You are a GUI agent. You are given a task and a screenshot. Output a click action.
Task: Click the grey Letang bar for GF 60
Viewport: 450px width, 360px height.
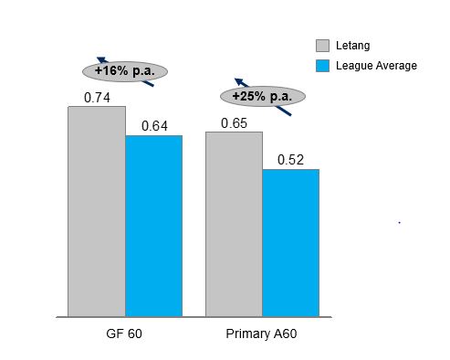tap(96, 211)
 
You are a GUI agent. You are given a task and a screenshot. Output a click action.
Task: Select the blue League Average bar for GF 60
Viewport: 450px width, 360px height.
tap(153, 226)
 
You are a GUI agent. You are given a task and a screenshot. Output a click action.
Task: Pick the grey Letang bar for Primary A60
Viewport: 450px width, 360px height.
tap(234, 224)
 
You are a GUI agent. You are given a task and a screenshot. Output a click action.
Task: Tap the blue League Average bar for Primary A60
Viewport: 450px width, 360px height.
tap(290, 242)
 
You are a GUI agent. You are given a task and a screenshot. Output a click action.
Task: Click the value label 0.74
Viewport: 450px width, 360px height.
tap(97, 96)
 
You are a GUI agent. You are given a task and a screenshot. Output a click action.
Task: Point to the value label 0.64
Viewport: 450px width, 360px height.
tap(154, 125)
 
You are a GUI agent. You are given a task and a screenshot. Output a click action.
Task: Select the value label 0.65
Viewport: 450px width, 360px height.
tap(234, 122)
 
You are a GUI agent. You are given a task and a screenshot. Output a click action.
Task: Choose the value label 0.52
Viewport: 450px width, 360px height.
tap(291, 159)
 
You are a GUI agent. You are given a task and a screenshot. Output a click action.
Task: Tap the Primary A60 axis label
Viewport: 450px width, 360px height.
tap(261, 334)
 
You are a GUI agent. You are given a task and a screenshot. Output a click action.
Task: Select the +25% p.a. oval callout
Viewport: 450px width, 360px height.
tap(261, 96)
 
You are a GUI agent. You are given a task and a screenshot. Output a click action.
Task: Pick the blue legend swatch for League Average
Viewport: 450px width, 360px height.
tap(322, 66)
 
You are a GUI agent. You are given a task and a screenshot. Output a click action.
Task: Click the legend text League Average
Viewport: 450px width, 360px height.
tap(376, 66)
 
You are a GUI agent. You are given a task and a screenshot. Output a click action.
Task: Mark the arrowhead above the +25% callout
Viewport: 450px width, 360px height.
tap(238, 81)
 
